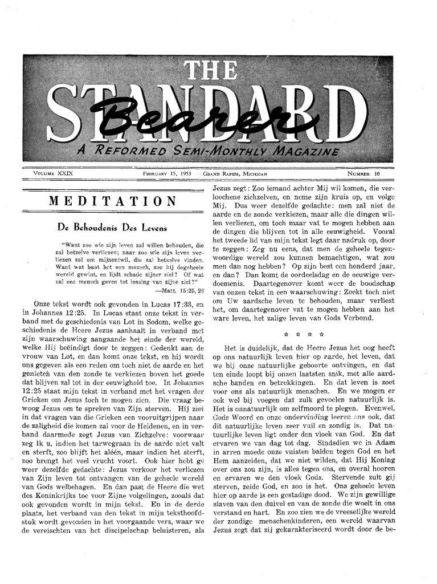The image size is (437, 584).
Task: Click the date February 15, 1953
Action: click(x=167, y=173)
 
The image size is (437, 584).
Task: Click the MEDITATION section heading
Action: click(x=112, y=201)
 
